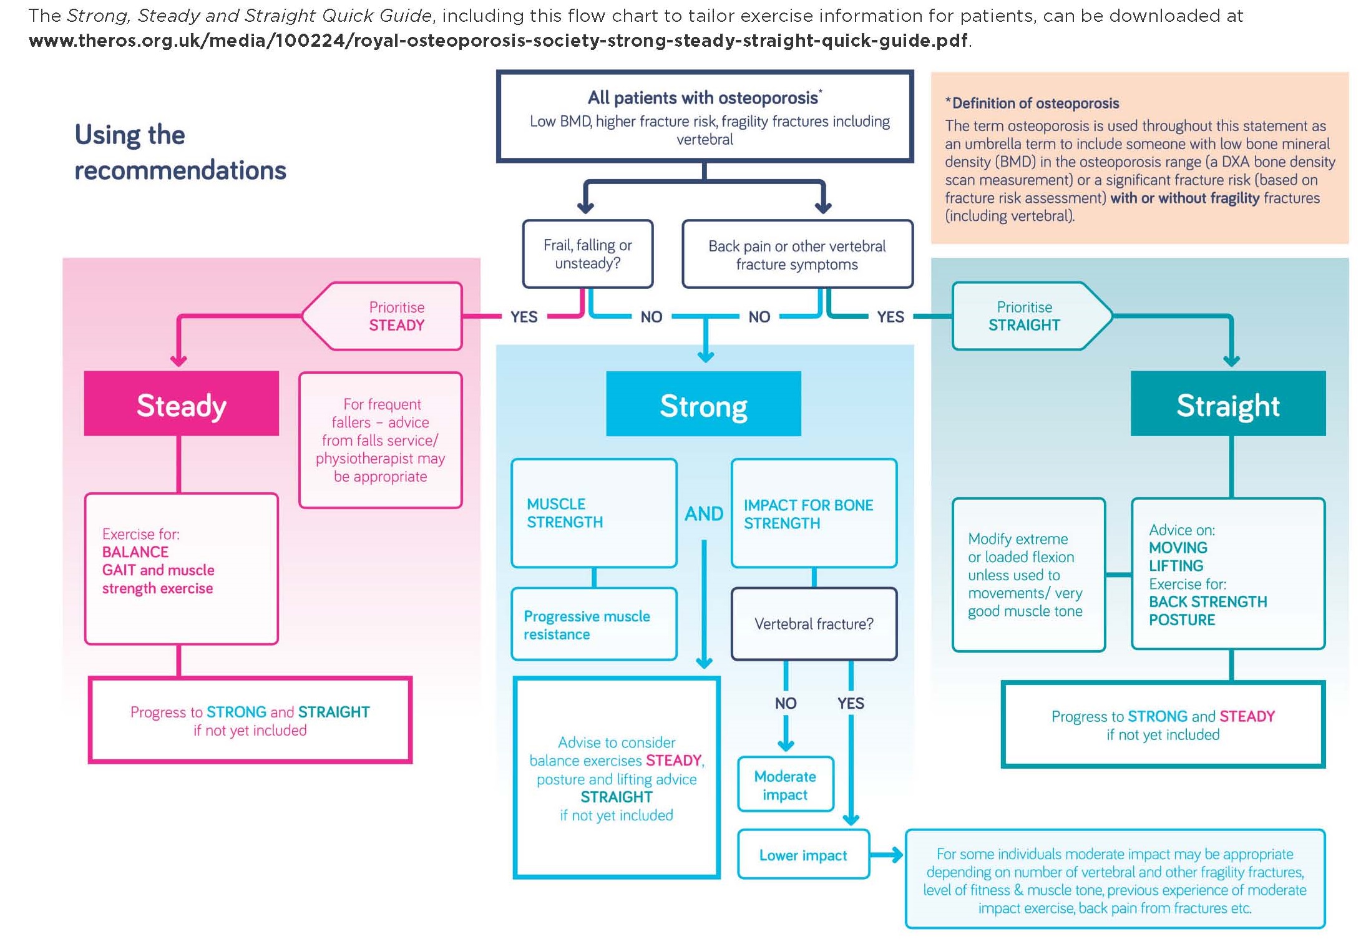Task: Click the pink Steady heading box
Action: [x=181, y=403]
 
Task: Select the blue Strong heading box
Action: [x=703, y=404]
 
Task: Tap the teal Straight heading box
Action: [x=1227, y=403]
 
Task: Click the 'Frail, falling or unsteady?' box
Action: [x=587, y=254]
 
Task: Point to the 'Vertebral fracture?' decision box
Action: [x=813, y=623]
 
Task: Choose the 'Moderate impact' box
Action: [x=784, y=784]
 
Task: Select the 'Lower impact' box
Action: [x=803, y=854]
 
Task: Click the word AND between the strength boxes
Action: [x=703, y=513]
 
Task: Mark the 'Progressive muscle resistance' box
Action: [x=593, y=624]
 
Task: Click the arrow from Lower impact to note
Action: [x=886, y=854]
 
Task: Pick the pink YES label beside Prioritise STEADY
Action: [x=523, y=317]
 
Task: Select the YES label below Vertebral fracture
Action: [x=850, y=703]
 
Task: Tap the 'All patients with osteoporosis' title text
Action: [x=703, y=98]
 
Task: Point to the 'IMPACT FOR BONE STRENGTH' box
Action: [x=813, y=513]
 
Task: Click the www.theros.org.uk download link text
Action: [x=497, y=41]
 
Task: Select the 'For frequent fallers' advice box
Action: [x=380, y=440]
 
